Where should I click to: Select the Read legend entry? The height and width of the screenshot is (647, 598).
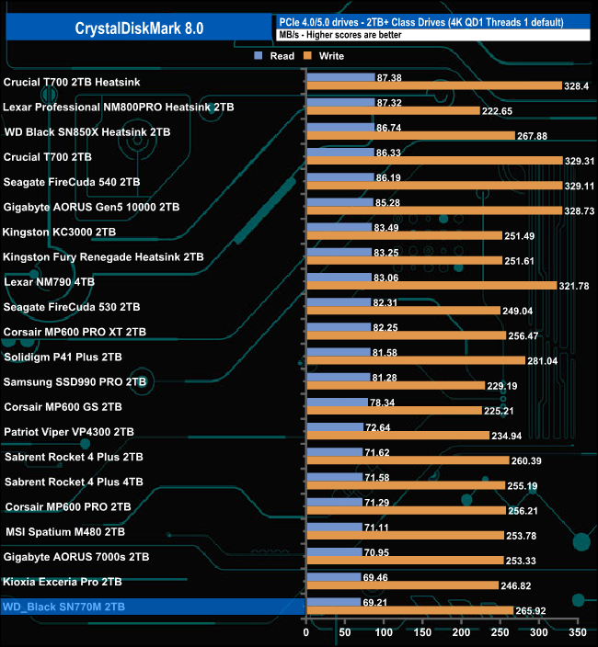(x=276, y=56)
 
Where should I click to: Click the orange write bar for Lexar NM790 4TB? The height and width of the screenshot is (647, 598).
(x=431, y=285)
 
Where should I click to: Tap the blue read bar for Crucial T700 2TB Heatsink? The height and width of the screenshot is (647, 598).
(x=340, y=77)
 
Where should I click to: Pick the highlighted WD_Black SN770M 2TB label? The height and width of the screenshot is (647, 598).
(x=64, y=607)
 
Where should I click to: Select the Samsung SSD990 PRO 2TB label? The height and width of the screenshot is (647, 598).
(x=75, y=381)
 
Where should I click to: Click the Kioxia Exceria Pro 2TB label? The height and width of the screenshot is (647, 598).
(x=63, y=582)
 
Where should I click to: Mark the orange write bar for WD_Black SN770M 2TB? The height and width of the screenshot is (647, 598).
(x=409, y=610)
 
